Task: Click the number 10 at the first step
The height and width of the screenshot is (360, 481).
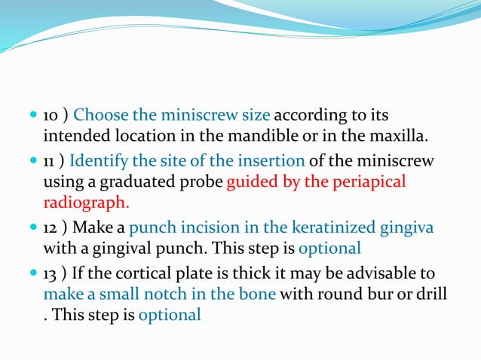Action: coord(51,116)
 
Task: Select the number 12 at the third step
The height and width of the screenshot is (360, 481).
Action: coord(51,227)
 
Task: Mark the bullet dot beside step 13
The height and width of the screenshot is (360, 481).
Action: coord(32,272)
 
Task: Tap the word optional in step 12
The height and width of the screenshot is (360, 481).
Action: coord(330,248)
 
